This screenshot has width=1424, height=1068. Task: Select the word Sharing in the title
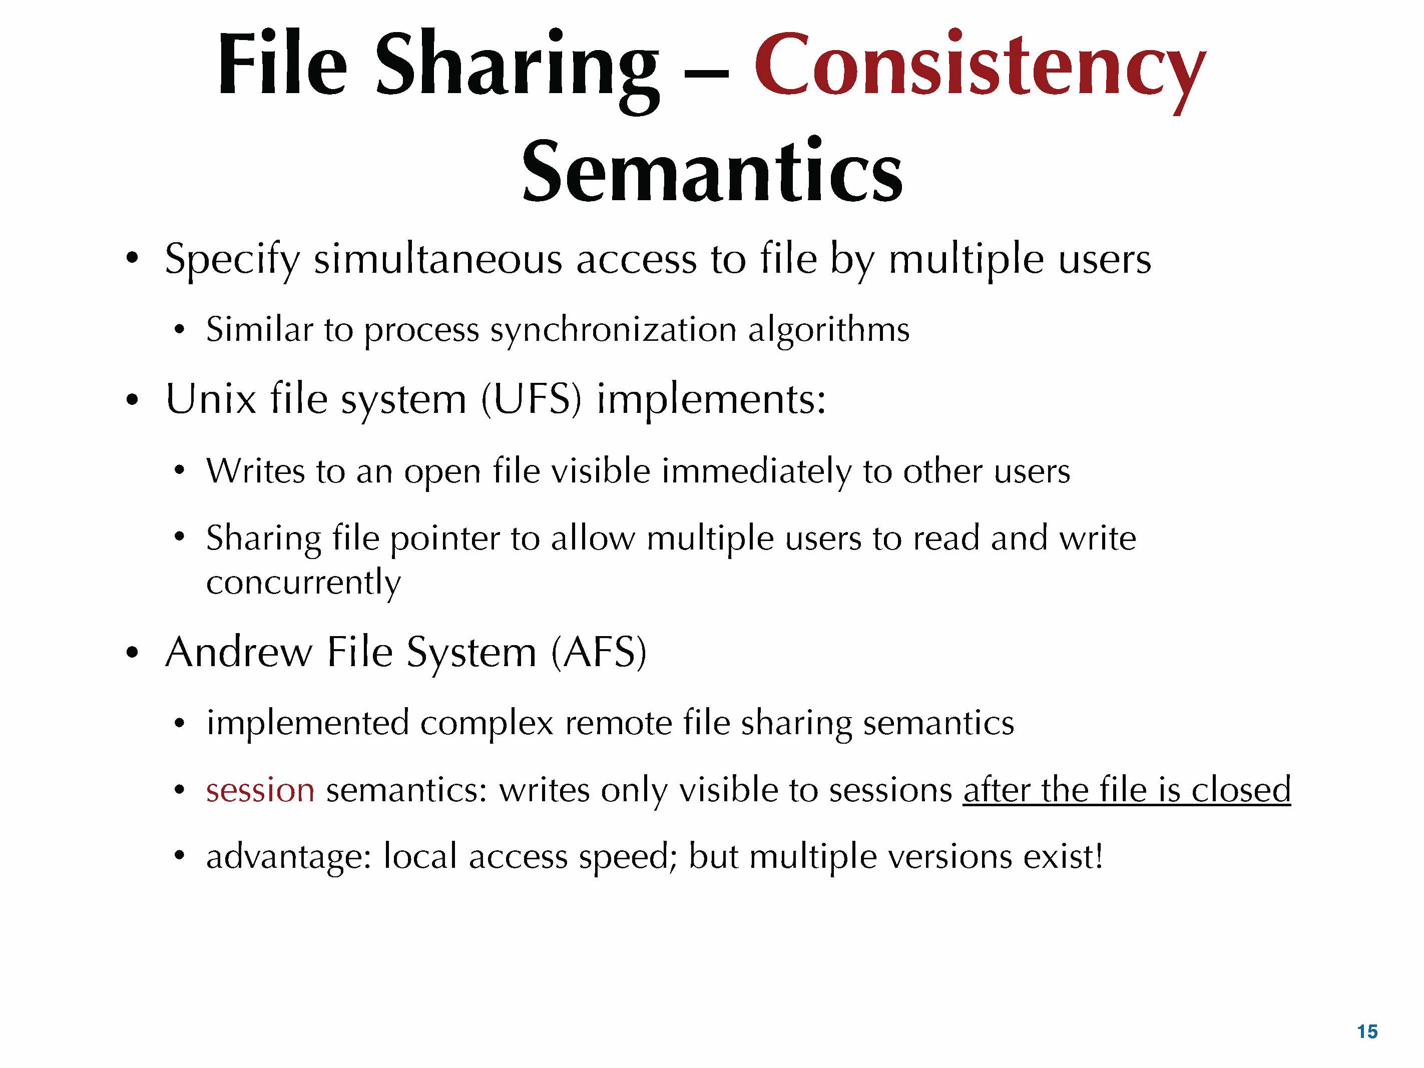518,71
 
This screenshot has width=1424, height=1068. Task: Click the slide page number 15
1367,1031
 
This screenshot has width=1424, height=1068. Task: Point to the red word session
260,789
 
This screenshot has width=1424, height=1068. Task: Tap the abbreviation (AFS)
599,652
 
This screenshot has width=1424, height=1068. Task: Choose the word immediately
757,471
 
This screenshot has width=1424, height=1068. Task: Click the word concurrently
303,583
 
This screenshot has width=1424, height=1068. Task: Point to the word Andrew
239,652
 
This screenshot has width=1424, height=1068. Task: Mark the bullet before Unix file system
132,400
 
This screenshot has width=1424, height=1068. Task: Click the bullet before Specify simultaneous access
132,259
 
